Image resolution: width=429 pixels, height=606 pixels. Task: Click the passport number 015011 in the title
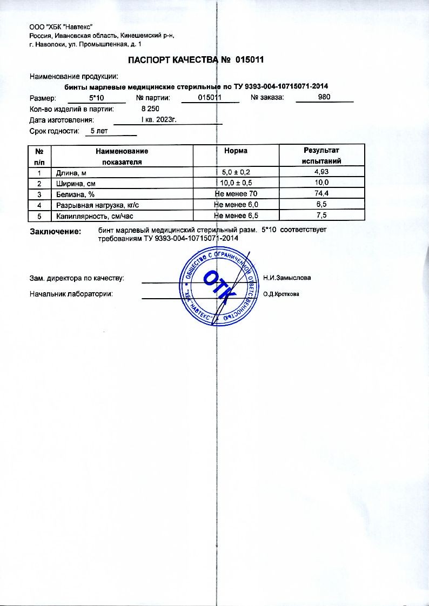pyautogui.click(x=250, y=60)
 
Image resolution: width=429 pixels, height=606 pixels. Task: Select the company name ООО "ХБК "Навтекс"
pyautogui.click(x=62, y=27)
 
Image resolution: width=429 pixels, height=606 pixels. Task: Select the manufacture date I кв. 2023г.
pyautogui.click(x=159, y=120)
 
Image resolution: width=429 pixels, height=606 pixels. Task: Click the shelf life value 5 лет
pyautogui.click(x=99, y=131)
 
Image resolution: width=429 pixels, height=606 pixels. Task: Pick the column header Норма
pyautogui.click(x=236, y=151)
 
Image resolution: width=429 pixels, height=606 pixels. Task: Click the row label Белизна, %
pyautogui.click(x=76, y=194)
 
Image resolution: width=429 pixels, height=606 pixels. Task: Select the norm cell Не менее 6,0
pyautogui.click(x=237, y=205)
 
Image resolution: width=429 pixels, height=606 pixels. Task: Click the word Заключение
pyautogui.click(x=55, y=231)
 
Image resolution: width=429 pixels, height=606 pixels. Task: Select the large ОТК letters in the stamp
pyautogui.click(x=219, y=287)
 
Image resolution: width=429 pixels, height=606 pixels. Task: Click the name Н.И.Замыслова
pyautogui.click(x=287, y=278)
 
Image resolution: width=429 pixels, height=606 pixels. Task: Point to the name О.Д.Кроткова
pyautogui.click(x=281, y=294)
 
